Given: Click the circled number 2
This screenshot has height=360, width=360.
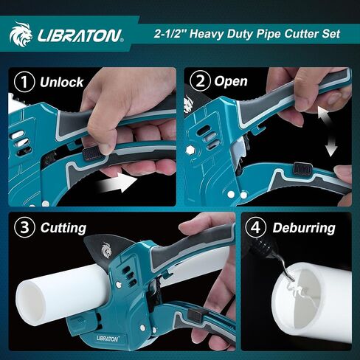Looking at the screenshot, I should pyautogui.click(x=199, y=80).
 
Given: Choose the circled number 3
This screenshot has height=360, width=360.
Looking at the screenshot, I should pyautogui.click(x=26, y=227).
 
